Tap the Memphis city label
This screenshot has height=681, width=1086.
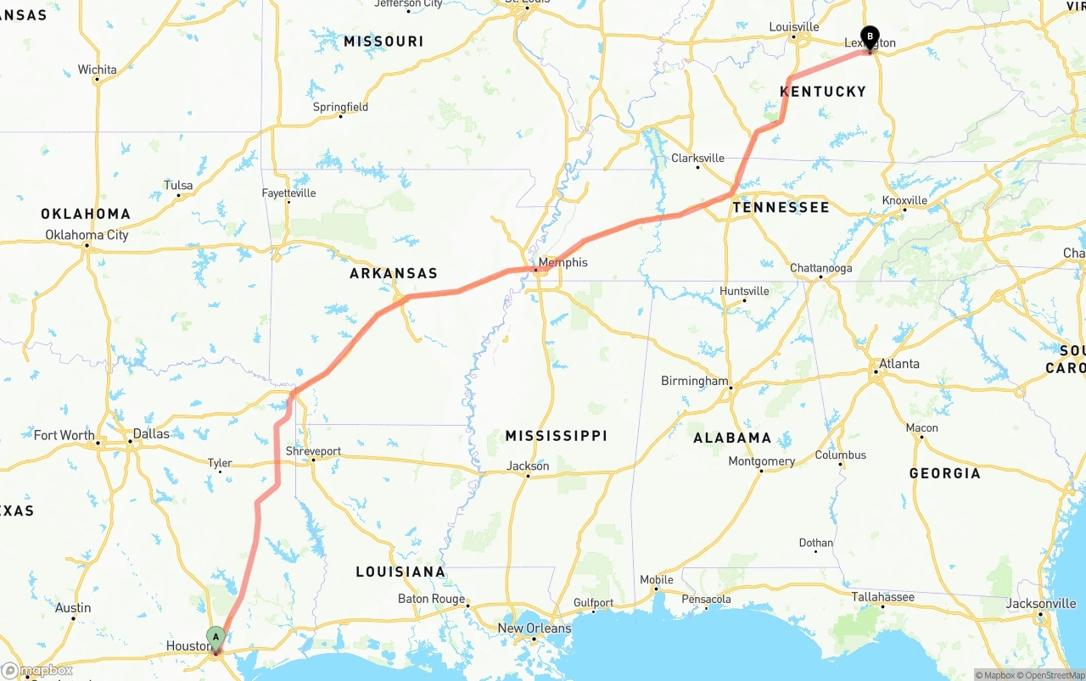tap(563, 262)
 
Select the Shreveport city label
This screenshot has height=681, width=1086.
tap(313, 451)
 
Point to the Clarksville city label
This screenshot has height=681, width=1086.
tap(697, 158)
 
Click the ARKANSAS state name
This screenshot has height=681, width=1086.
tap(394, 273)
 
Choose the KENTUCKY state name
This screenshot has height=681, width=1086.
tap(823, 92)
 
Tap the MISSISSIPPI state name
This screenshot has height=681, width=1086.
tap(557, 436)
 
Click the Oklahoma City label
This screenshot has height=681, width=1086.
tap(87, 235)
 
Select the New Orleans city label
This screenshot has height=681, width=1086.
tap(535, 628)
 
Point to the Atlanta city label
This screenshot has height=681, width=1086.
tap(898, 364)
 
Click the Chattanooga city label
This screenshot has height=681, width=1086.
tap(820, 268)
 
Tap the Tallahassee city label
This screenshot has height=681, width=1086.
tap(883, 597)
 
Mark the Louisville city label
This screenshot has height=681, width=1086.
tap(793, 27)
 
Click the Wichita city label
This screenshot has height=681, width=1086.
tap(97, 70)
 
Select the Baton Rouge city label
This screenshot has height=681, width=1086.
tap(431, 599)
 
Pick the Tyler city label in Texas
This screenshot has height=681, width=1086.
tap(220, 463)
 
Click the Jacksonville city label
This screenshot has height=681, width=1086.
tap(1041, 604)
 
